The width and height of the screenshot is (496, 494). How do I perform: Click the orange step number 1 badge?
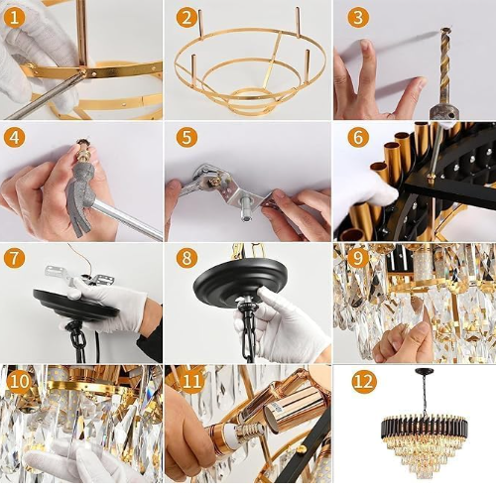pyautogui.click(x=14, y=17)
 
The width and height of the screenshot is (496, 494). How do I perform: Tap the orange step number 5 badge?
pyautogui.click(x=186, y=137)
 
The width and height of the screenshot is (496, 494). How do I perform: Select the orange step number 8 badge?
pyautogui.click(x=186, y=257)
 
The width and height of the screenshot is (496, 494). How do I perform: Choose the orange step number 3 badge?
pyautogui.click(x=358, y=17)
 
